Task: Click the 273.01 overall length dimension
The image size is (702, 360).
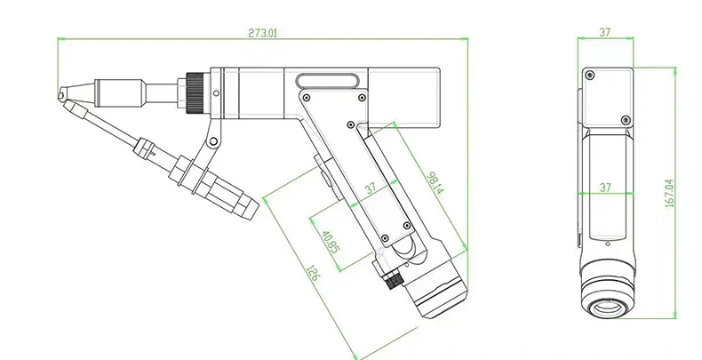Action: [263, 33]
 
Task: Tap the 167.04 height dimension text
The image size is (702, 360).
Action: [669, 193]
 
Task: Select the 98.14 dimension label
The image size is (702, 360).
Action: [435, 183]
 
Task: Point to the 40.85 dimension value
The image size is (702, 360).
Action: [331, 242]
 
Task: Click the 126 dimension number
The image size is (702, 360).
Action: [313, 273]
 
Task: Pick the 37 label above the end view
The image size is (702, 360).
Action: [605, 32]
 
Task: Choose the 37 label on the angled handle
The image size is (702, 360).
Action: [371, 188]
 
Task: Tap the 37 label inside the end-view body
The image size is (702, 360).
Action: [605, 187]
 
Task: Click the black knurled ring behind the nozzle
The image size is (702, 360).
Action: [195, 92]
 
